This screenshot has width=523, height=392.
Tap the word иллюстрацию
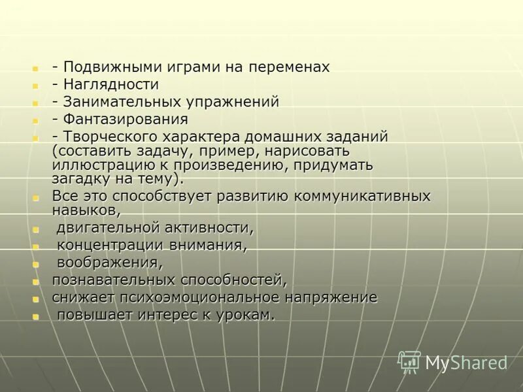click(95, 164)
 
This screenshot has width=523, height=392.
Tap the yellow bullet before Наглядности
click(35, 86)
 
